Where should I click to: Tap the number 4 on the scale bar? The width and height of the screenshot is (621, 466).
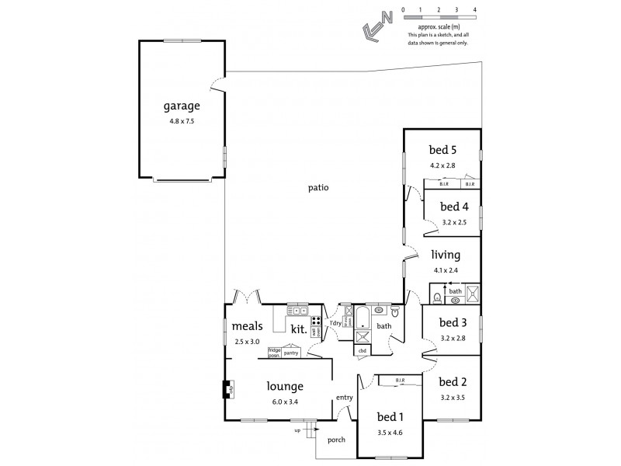[x=474, y=9]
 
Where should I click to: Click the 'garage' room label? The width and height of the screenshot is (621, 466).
[x=182, y=106]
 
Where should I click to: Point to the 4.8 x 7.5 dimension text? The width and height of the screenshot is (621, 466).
[x=182, y=121]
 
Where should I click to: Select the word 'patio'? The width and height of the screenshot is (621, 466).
[x=318, y=187]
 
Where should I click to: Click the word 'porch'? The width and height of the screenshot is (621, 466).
[x=337, y=439]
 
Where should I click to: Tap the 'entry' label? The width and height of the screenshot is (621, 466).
[x=345, y=398]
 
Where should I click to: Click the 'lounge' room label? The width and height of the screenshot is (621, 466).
[x=284, y=386]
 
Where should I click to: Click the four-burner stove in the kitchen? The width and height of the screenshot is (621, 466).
[x=317, y=322]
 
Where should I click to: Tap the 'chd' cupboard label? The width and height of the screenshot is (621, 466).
[x=362, y=350]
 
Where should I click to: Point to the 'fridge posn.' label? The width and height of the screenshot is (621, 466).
[x=274, y=352]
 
